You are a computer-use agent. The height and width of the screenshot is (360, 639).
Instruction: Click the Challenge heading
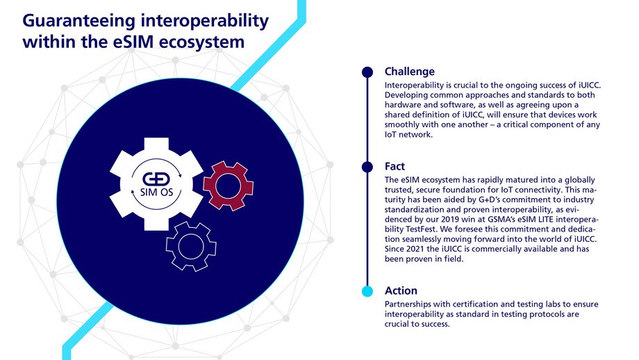pyautogui.click(x=410, y=71)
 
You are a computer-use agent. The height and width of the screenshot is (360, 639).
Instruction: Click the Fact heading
pyautogui.click(x=395, y=167)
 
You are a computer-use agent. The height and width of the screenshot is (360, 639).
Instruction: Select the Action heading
pyautogui.click(x=401, y=291)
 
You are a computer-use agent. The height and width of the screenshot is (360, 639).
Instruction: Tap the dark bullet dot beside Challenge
pyautogui.click(x=367, y=71)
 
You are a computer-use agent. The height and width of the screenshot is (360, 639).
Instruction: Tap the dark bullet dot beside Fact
pyautogui.click(x=367, y=167)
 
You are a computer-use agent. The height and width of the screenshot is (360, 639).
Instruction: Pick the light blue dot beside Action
pyautogui.click(x=367, y=291)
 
